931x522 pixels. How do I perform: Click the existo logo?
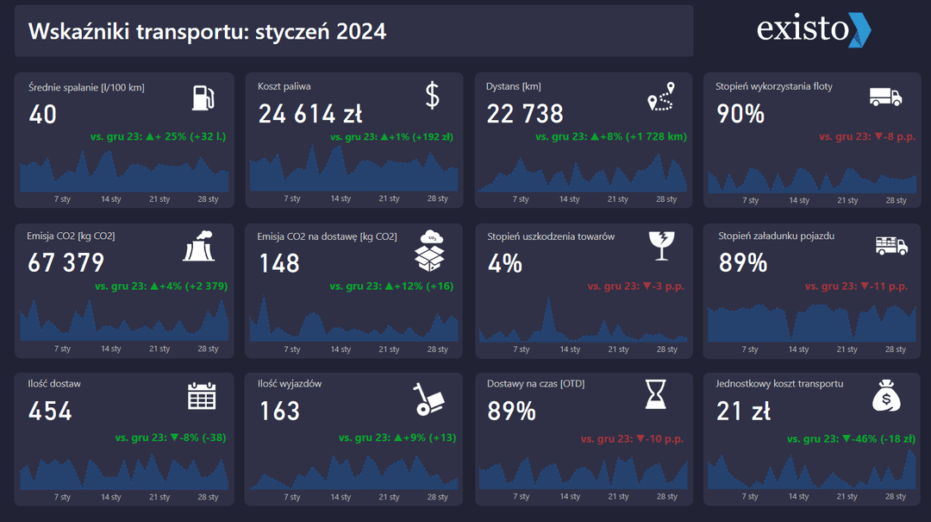click(814, 29)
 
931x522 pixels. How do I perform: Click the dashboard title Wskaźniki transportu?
click(207, 32)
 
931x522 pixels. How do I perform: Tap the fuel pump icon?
click(203, 97)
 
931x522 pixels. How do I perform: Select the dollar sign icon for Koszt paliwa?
click(433, 96)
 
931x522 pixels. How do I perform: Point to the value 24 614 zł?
click(310, 114)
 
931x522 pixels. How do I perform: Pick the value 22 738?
click(525, 114)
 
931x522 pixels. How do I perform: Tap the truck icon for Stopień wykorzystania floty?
click(884, 97)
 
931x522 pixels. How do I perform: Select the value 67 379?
click(66, 263)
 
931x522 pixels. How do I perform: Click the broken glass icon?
click(661, 246)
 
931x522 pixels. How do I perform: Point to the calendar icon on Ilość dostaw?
click(202, 395)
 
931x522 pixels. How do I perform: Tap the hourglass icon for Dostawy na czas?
click(657, 394)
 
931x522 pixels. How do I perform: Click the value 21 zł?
click(743, 412)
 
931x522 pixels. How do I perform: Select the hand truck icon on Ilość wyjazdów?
click(428, 397)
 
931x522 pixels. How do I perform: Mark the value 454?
click(50, 412)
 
